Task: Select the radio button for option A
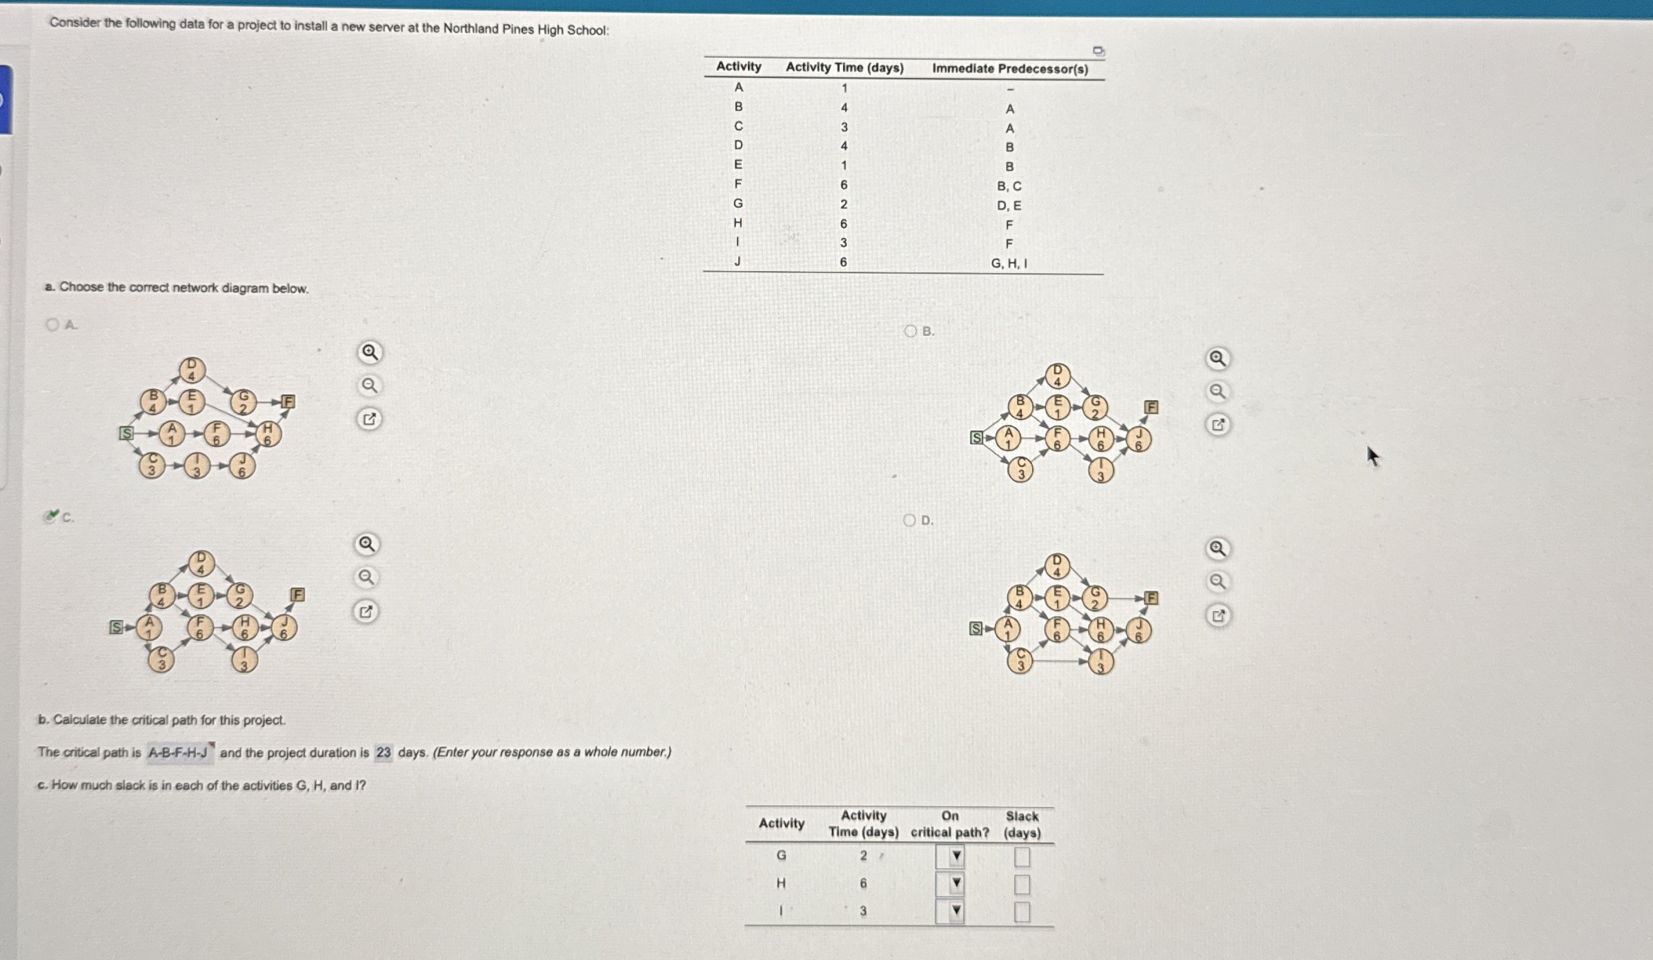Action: pyautogui.click(x=52, y=324)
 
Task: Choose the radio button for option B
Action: pyautogui.click(x=911, y=331)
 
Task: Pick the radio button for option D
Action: pyautogui.click(x=910, y=520)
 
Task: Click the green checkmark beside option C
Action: pyautogui.click(x=51, y=515)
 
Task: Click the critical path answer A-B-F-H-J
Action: pyautogui.click(x=178, y=752)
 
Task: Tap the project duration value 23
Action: pyautogui.click(x=383, y=752)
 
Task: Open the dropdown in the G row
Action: pyautogui.click(x=950, y=857)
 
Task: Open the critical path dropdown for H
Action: pyautogui.click(x=950, y=883)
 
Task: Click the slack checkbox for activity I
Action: pyautogui.click(x=1022, y=912)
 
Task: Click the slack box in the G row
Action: pyautogui.click(x=1022, y=857)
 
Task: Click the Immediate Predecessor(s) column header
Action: pyautogui.click(x=1010, y=68)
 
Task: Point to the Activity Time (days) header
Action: pyautogui.click(x=844, y=67)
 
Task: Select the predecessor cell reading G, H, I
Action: pyautogui.click(x=1009, y=263)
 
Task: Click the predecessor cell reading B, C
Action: pyautogui.click(x=1009, y=186)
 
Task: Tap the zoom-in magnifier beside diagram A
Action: pyautogui.click(x=370, y=352)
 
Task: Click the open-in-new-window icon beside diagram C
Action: pyautogui.click(x=366, y=611)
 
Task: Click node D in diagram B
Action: pyautogui.click(x=1057, y=377)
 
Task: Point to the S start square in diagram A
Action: pyautogui.click(x=126, y=433)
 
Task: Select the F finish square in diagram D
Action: pyautogui.click(x=1151, y=598)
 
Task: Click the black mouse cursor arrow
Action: pyautogui.click(x=1372, y=456)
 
